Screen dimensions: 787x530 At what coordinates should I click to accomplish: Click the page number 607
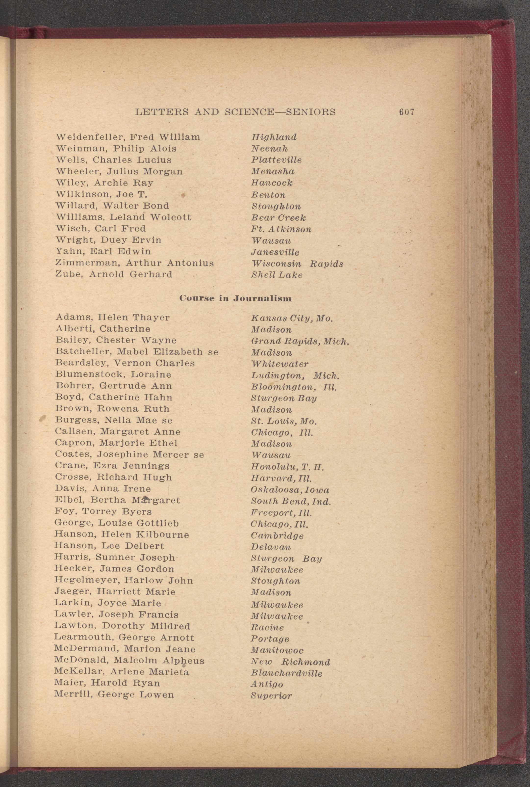tap(406, 112)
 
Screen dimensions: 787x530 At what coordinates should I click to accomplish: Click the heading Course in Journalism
tap(235, 298)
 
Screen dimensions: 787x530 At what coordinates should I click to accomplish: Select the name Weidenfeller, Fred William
tap(128, 137)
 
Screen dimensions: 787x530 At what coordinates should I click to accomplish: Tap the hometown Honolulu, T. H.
tap(287, 467)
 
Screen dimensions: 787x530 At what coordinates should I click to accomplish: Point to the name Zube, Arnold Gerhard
tap(114, 274)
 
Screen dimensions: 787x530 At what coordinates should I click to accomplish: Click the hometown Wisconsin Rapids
tap(297, 263)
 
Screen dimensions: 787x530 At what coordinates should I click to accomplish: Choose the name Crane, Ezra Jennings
tap(112, 466)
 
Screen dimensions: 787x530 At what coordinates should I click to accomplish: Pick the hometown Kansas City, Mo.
tap(292, 318)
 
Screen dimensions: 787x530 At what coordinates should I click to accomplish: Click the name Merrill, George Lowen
tap(114, 695)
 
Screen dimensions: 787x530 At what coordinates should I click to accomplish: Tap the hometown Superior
tap(271, 696)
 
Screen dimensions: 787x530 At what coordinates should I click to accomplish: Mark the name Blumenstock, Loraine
tap(113, 374)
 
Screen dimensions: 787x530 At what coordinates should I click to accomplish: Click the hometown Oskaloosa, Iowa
tap(290, 490)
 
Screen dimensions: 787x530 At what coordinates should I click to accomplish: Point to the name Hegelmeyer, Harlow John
tap(124, 580)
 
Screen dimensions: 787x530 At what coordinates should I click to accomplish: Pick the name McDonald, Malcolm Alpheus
tap(129, 660)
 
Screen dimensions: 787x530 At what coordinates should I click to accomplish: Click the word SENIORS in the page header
tap(311, 112)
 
